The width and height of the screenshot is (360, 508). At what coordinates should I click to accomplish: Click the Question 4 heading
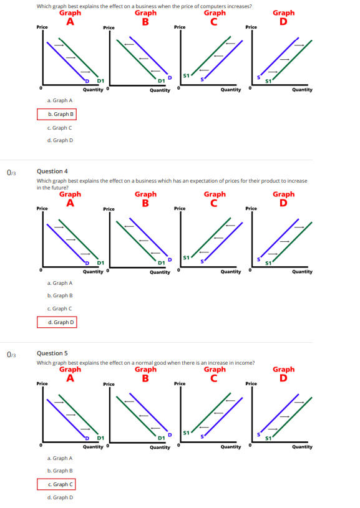[x=52, y=171]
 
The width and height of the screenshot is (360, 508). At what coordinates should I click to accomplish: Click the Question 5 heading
[x=52, y=353]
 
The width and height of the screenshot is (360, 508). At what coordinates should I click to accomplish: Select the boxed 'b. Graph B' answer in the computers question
[x=57, y=114]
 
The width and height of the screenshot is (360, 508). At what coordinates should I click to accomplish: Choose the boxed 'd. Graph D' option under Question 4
[x=57, y=322]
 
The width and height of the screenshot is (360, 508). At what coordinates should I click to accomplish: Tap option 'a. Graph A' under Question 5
[x=60, y=458]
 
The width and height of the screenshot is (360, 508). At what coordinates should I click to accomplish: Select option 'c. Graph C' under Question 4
[x=60, y=309]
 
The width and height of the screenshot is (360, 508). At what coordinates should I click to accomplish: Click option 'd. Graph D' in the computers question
[x=60, y=140]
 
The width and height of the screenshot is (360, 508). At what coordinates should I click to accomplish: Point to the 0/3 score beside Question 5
[x=11, y=354]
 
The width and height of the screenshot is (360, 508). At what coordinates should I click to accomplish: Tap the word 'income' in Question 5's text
[x=243, y=362]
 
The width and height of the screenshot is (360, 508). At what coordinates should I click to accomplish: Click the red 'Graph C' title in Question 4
[x=215, y=198]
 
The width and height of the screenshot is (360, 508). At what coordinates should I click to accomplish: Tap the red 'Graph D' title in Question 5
[x=283, y=373]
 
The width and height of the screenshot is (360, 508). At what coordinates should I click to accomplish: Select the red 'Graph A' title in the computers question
[x=70, y=16]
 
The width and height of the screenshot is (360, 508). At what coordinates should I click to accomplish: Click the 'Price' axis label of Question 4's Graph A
[x=42, y=208]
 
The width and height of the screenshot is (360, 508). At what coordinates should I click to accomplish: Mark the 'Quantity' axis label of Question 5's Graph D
[x=302, y=446]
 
